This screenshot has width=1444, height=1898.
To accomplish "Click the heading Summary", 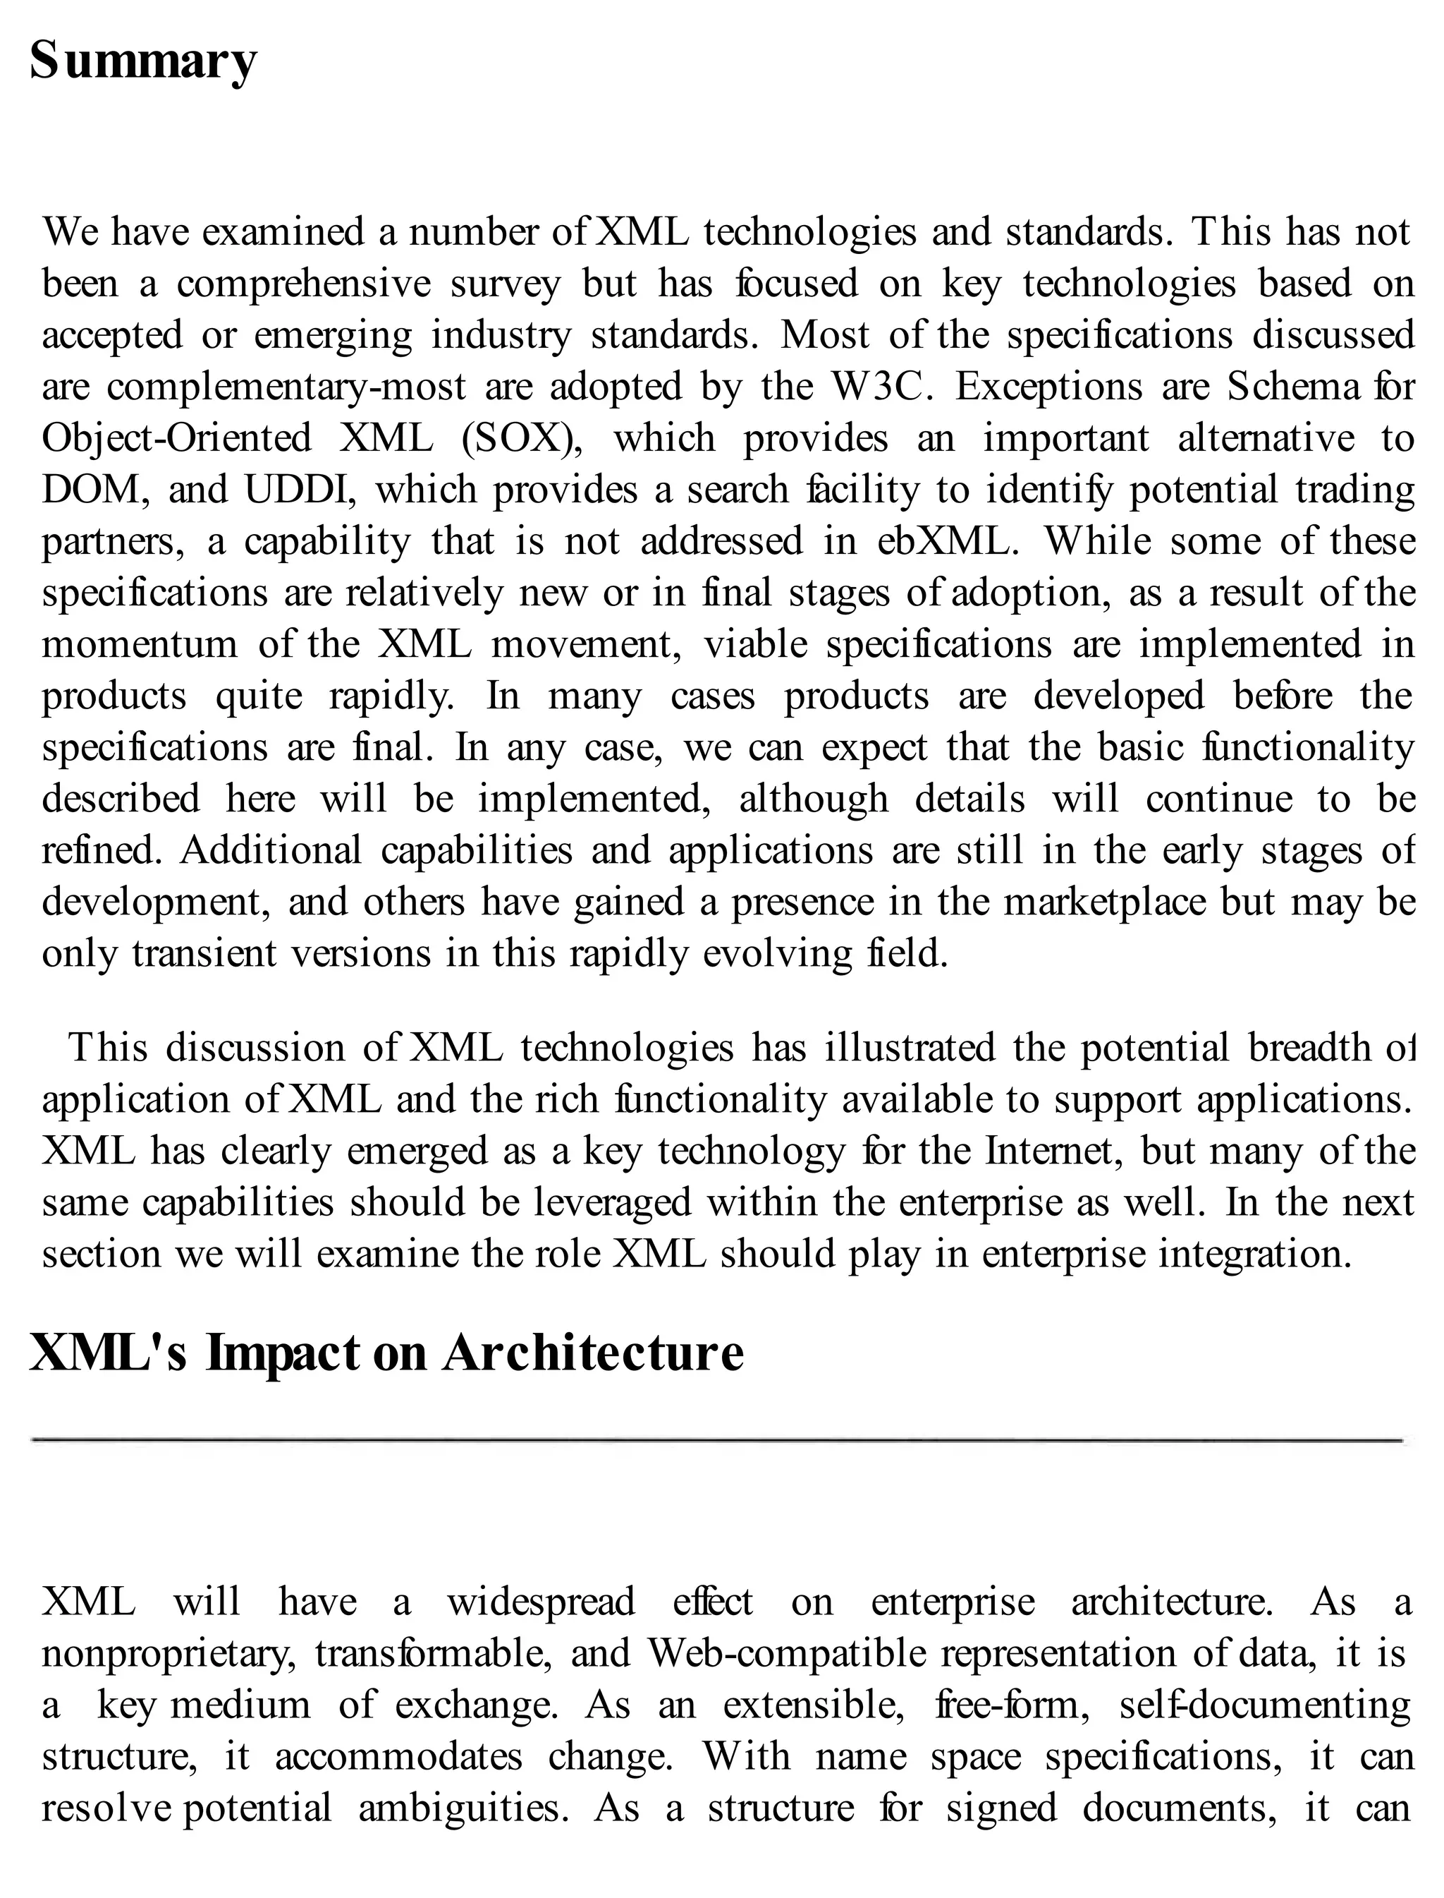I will tap(142, 62).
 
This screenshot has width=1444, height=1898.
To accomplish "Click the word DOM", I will tap(90, 490).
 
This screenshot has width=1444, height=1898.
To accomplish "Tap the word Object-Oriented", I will tap(176, 439).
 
